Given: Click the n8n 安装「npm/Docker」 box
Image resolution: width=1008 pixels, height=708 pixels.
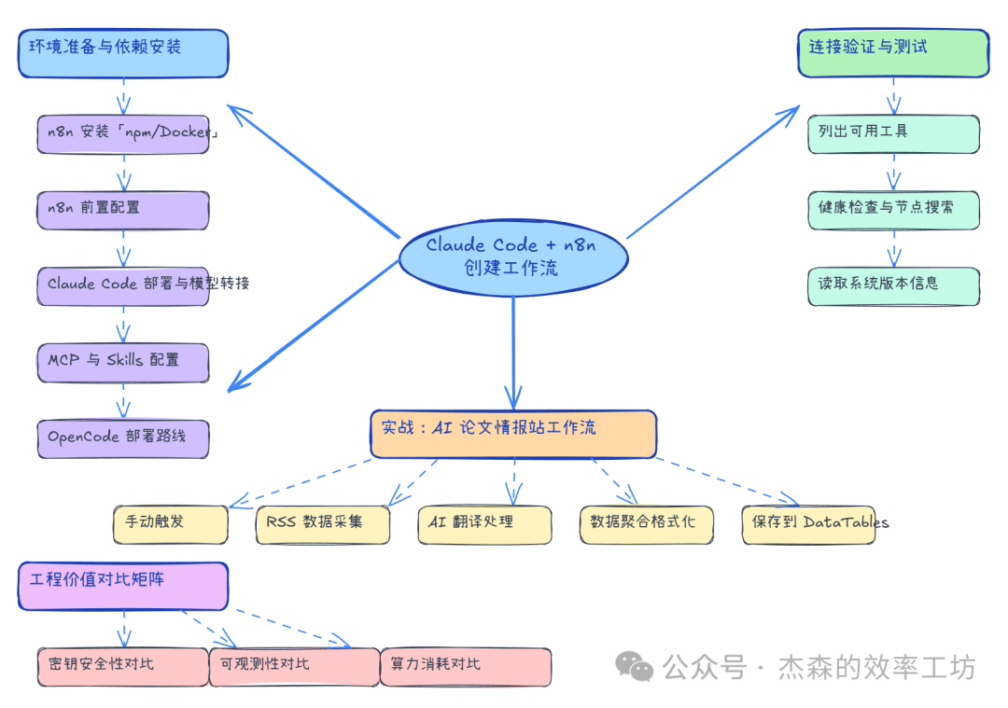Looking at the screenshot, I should [123, 133].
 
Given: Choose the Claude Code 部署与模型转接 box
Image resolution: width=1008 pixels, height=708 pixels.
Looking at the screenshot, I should [123, 285].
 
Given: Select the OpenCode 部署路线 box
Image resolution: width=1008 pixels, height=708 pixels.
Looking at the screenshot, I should [123, 437].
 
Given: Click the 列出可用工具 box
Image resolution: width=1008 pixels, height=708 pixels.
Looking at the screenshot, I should [892, 133].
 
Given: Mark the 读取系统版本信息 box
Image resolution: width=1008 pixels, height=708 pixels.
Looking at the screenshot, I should [892, 285].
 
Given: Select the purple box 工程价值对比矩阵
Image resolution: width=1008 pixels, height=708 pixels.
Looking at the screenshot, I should [123, 586].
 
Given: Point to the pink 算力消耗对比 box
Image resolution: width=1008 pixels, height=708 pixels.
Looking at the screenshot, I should [466, 667].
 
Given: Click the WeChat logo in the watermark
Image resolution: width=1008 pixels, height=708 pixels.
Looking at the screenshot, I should [635, 666].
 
